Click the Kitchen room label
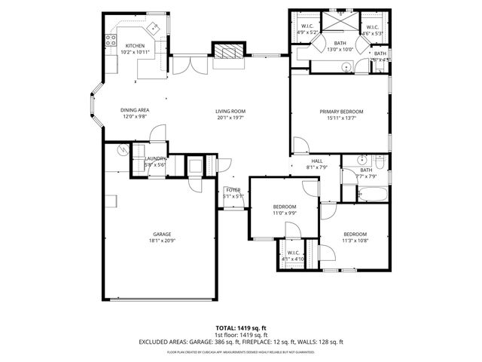(135, 45)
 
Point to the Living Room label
(230, 112)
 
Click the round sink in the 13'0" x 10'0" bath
(346, 67)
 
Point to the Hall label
(317, 161)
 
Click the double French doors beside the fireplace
(185, 65)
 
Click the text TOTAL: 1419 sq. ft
(241, 327)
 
